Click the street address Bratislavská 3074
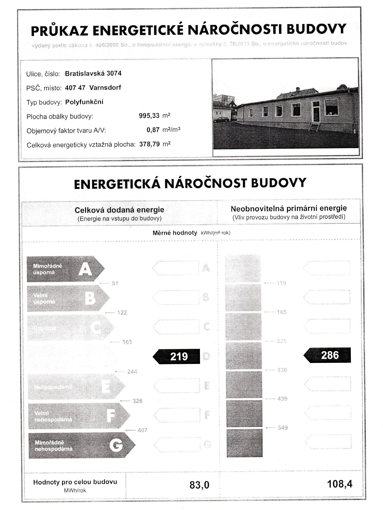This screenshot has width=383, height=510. (x=93, y=74)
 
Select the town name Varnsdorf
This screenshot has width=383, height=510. (x=105, y=88)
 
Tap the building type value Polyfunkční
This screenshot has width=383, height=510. (x=84, y=102)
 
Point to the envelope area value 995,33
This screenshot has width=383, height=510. (x=149, y=116)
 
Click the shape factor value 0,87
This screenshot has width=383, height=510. (x=153, y=130)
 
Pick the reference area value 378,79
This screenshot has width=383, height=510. (x=149, y=144)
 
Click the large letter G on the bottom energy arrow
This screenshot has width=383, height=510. (x=116, y=445)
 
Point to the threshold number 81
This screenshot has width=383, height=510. (x=115, y=283)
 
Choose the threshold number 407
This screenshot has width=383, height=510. (x=142, y=430)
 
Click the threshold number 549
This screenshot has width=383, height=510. (x=283, y=428)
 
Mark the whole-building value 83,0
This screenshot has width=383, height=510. (x=199, y=485)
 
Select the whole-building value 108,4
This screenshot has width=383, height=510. (x=340, y=484)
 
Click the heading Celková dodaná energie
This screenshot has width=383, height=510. (x=119, y=210)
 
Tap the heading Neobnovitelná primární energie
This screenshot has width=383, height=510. (x=289, y=208)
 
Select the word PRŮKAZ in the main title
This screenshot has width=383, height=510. (x=59, y=31)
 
